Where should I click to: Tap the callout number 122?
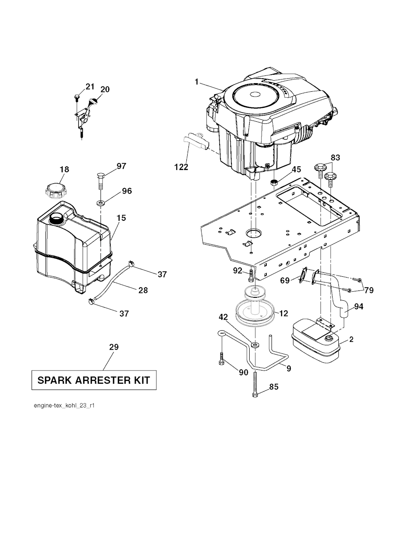click(x=182, y=167)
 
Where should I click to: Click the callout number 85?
click(x=274, y=387)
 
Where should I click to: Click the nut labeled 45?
click(x=274, y=183)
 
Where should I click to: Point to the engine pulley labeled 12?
click(x=255, y=308)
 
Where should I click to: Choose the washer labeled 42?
click(x=255, y=345)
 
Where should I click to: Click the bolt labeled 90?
click(x=221, y=359)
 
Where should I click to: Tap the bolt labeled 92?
click(x=251, y=276)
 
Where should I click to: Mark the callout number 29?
click(x=114, y=347)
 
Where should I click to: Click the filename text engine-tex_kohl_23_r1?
click(x=64, y=405)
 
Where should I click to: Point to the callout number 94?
click(x=359, y=306)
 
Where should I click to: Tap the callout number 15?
click(x=121, y=218)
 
